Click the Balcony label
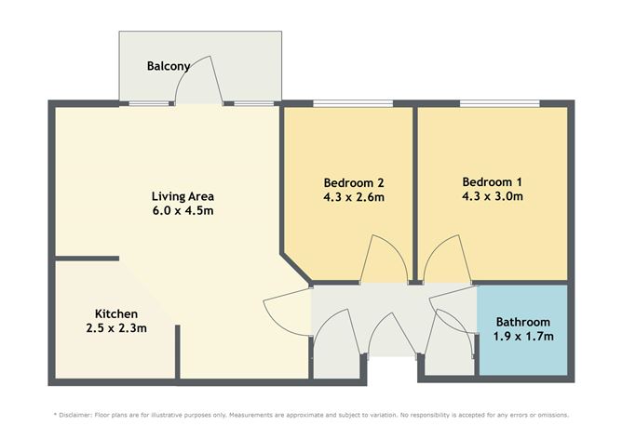[169, 66]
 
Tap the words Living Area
[183, 196]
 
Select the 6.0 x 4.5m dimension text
[183, 211]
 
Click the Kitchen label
[116, 313]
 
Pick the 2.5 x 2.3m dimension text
[116, 328]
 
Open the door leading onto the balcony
[196, 82]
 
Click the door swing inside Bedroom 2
[381, 261]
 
